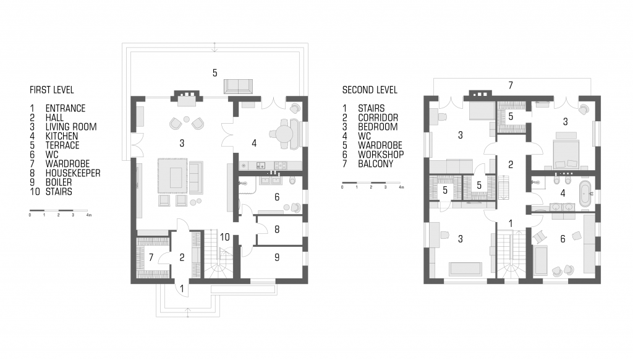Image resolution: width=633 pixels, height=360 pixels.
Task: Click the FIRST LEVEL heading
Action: pyautogui.click(x=52, y=90)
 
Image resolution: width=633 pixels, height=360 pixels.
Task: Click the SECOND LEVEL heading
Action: pyautogui.click(x=370, y=90)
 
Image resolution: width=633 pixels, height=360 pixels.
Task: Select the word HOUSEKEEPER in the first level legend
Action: pyautogui.click(x=73, y=173)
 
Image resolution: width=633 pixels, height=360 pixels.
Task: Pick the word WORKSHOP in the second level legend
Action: pyautogui.click(x=381, y=155)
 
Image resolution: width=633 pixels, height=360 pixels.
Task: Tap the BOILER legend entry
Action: pyautogui.click(x=59, y=182)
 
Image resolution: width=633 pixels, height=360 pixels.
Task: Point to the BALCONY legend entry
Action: pyautogui.click(x=375, y=164)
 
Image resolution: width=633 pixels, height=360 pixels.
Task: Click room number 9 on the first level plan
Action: pyautogui.click(x=277, y=257)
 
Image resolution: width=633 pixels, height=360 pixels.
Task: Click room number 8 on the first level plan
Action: pyautogui.click(x=277, y=229)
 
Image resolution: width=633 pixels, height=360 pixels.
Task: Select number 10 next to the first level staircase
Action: pyautogui.click(x=225, y=237)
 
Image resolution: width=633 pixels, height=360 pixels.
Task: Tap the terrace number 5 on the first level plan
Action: pyautogui.click(x=215, y=73)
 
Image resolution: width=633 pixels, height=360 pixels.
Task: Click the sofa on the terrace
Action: pyautogui.click(x=238, y=87)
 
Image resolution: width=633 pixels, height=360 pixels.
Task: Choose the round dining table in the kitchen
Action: pyautogui.click(x=285, y=133)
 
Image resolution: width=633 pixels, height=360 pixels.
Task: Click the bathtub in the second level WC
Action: pyautogui.click(x=585, y=194)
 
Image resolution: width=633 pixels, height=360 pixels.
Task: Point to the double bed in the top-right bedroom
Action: pyautogui.click(x=564, y=150)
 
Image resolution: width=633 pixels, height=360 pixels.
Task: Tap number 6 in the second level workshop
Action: pyautogui.click(x=563, y=239)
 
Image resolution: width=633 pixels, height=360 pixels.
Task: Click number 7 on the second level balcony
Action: pyautogui.click(x=511, y=85)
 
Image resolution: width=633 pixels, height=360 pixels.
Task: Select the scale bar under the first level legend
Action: pyautogui.click(x=59, y=210)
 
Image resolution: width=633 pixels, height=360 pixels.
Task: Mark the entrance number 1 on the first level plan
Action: pyautogui.click(x=182, y=288)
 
